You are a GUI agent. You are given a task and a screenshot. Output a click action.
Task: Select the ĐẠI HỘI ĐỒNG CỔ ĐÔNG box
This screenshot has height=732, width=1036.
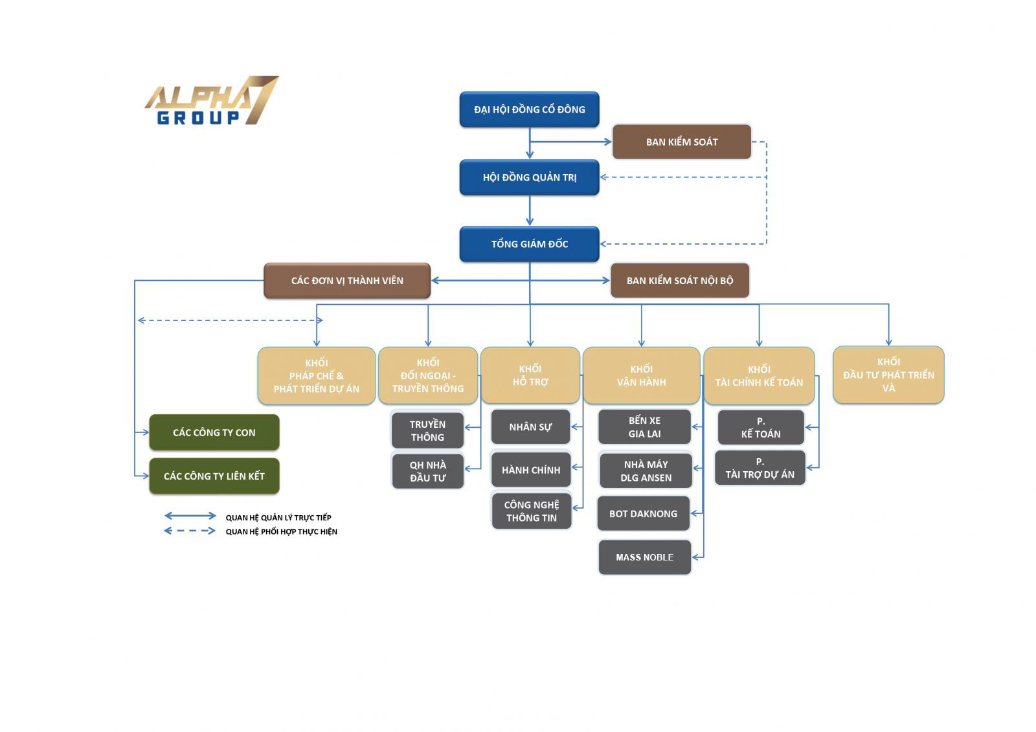(529, 109)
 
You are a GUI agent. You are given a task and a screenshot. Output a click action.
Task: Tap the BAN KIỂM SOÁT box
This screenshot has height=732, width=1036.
(681, 142)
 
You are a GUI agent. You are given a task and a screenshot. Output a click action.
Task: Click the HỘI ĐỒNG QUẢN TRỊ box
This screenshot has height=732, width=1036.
(529, 177)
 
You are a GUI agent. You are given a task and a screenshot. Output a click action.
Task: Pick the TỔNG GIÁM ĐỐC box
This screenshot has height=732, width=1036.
(529, 244)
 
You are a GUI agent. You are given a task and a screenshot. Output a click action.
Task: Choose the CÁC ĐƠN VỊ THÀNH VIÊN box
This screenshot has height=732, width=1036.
(347, 280)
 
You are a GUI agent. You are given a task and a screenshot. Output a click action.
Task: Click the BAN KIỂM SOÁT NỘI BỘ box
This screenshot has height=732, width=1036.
(679, 280)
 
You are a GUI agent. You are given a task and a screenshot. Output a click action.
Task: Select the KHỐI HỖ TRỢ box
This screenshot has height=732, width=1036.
(530, 375)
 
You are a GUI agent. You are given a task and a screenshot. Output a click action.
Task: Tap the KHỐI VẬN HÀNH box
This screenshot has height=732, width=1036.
(641, 375)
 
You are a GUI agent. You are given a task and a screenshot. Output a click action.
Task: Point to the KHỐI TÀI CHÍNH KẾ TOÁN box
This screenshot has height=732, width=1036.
(759, 375)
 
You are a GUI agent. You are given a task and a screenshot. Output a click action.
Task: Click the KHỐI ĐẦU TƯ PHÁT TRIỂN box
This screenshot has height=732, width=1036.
(888, 375)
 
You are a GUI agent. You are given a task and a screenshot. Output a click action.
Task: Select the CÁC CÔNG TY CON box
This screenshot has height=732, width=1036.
(214, 432)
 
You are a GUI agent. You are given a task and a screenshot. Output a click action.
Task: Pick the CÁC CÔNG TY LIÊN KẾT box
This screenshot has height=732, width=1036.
(214, 476)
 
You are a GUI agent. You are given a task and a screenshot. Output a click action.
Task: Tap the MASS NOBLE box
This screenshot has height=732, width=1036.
(644, 557)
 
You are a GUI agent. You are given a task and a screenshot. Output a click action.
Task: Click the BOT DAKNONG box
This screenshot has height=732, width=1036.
(643, 513)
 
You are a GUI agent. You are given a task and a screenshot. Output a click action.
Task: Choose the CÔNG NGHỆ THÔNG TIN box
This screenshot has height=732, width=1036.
(531, 511)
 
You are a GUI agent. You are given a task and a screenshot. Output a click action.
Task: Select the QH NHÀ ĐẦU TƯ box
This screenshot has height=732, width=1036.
(427, 471)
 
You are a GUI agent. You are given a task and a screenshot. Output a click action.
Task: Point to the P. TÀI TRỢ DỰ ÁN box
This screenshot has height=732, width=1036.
(760, 468)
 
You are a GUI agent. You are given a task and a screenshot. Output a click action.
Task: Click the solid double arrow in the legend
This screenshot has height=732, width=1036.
(190, 516)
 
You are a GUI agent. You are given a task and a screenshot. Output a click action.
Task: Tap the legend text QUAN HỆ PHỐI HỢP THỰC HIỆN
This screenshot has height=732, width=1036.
(281, 531)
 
